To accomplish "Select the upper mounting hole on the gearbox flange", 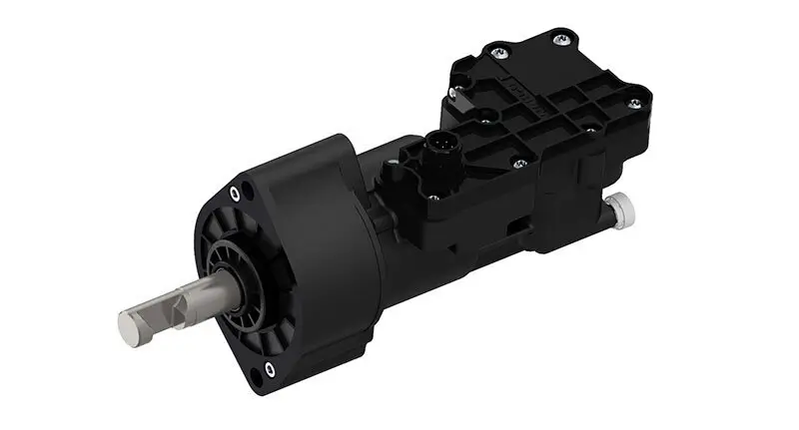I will pos(233,192).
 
